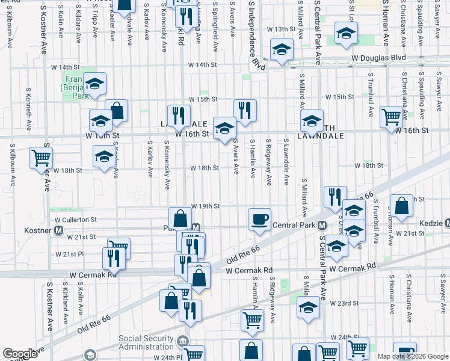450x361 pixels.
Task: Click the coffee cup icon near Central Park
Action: (259, 218)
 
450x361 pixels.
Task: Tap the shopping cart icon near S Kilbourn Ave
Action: (42, 158)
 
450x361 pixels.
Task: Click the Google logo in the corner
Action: (20, 353)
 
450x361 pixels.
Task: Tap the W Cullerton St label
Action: (77, 220)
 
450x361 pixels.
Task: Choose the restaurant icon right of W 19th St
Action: (335, 197)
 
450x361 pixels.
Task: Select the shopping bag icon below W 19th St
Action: (180, 218)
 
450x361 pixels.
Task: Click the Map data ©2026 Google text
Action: (412, 356)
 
